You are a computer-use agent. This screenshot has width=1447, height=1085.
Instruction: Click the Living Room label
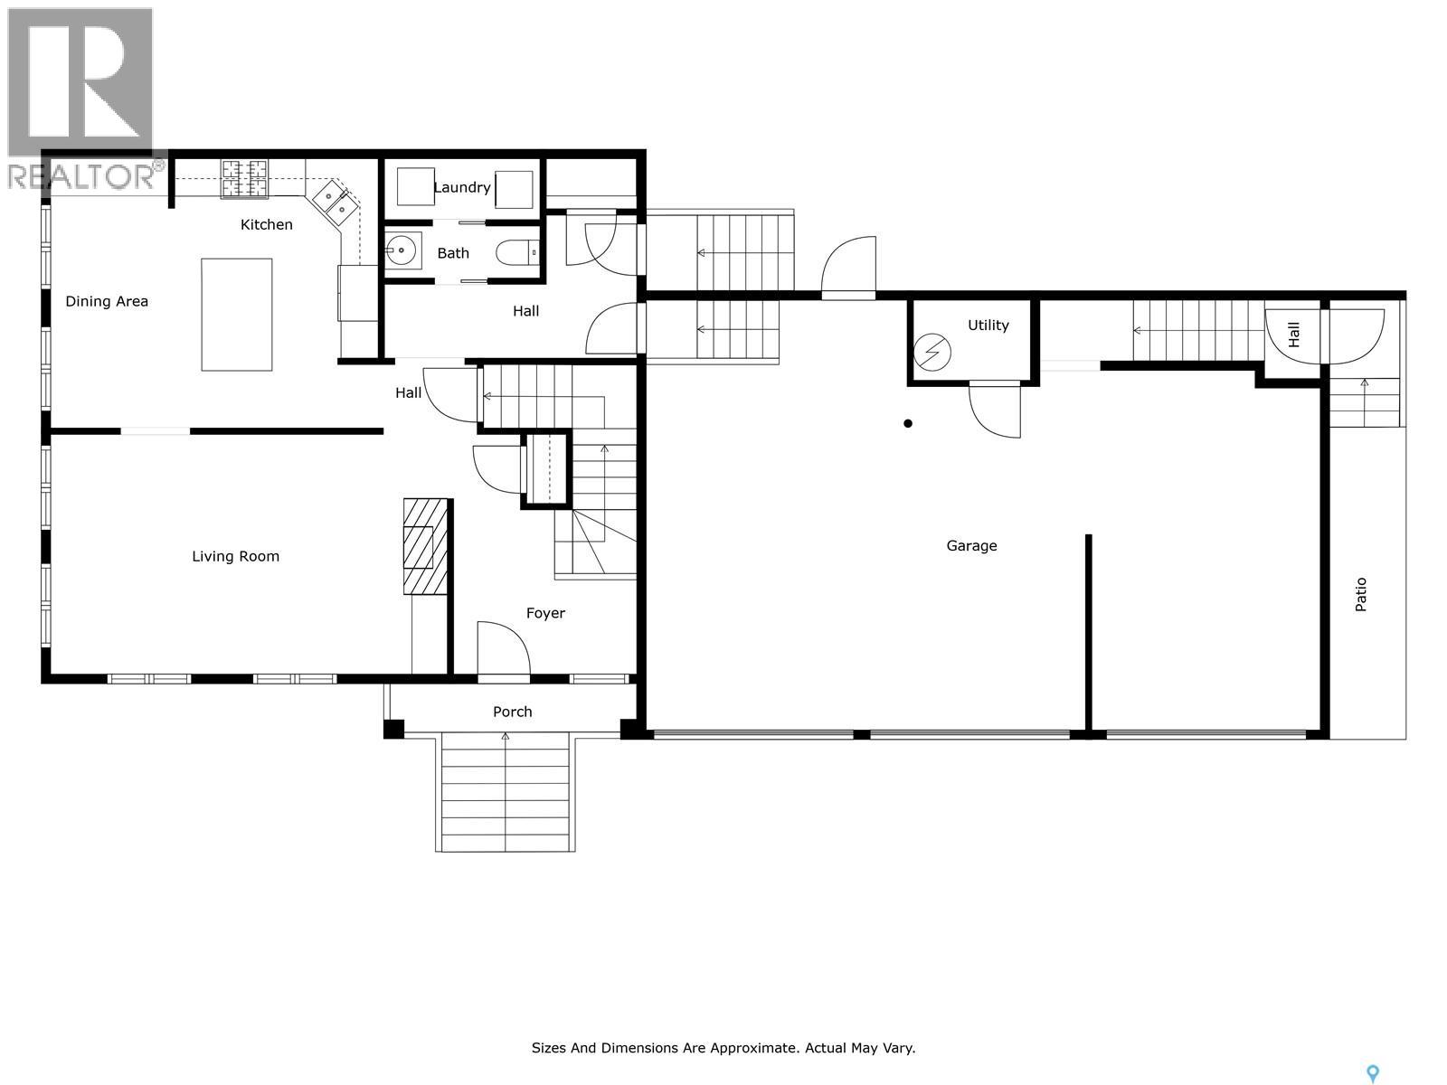point(235,557)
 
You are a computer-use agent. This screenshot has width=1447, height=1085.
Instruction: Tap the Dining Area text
point(107,302)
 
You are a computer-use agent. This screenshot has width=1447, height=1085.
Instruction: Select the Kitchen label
point(266,225)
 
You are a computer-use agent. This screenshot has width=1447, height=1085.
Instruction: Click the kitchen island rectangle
point(237,315)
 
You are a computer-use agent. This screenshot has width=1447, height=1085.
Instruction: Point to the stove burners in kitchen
point(245,178)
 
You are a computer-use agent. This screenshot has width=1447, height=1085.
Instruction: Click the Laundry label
point(461,187)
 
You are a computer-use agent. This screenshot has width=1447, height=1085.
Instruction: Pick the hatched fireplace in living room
point(424,546)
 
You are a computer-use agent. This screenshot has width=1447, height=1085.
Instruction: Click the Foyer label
point(545,613)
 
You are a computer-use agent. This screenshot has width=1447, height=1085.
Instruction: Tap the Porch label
point(512,712)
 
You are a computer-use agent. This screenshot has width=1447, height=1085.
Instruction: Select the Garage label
point(971,545)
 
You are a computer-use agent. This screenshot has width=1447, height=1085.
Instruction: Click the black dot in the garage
point(908,423)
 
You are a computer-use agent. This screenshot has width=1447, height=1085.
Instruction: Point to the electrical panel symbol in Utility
point(932,352)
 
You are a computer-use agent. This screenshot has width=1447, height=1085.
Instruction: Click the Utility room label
point(988,325)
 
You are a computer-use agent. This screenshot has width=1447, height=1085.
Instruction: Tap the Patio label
point(1361,594)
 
